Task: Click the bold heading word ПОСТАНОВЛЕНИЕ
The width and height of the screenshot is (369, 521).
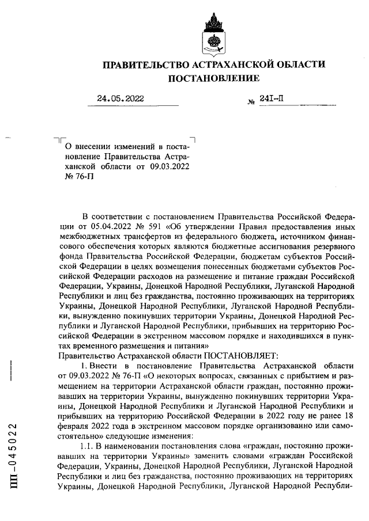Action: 213,78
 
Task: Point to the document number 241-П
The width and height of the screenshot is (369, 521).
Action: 272,98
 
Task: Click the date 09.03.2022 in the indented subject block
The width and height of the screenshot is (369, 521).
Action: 170,166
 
